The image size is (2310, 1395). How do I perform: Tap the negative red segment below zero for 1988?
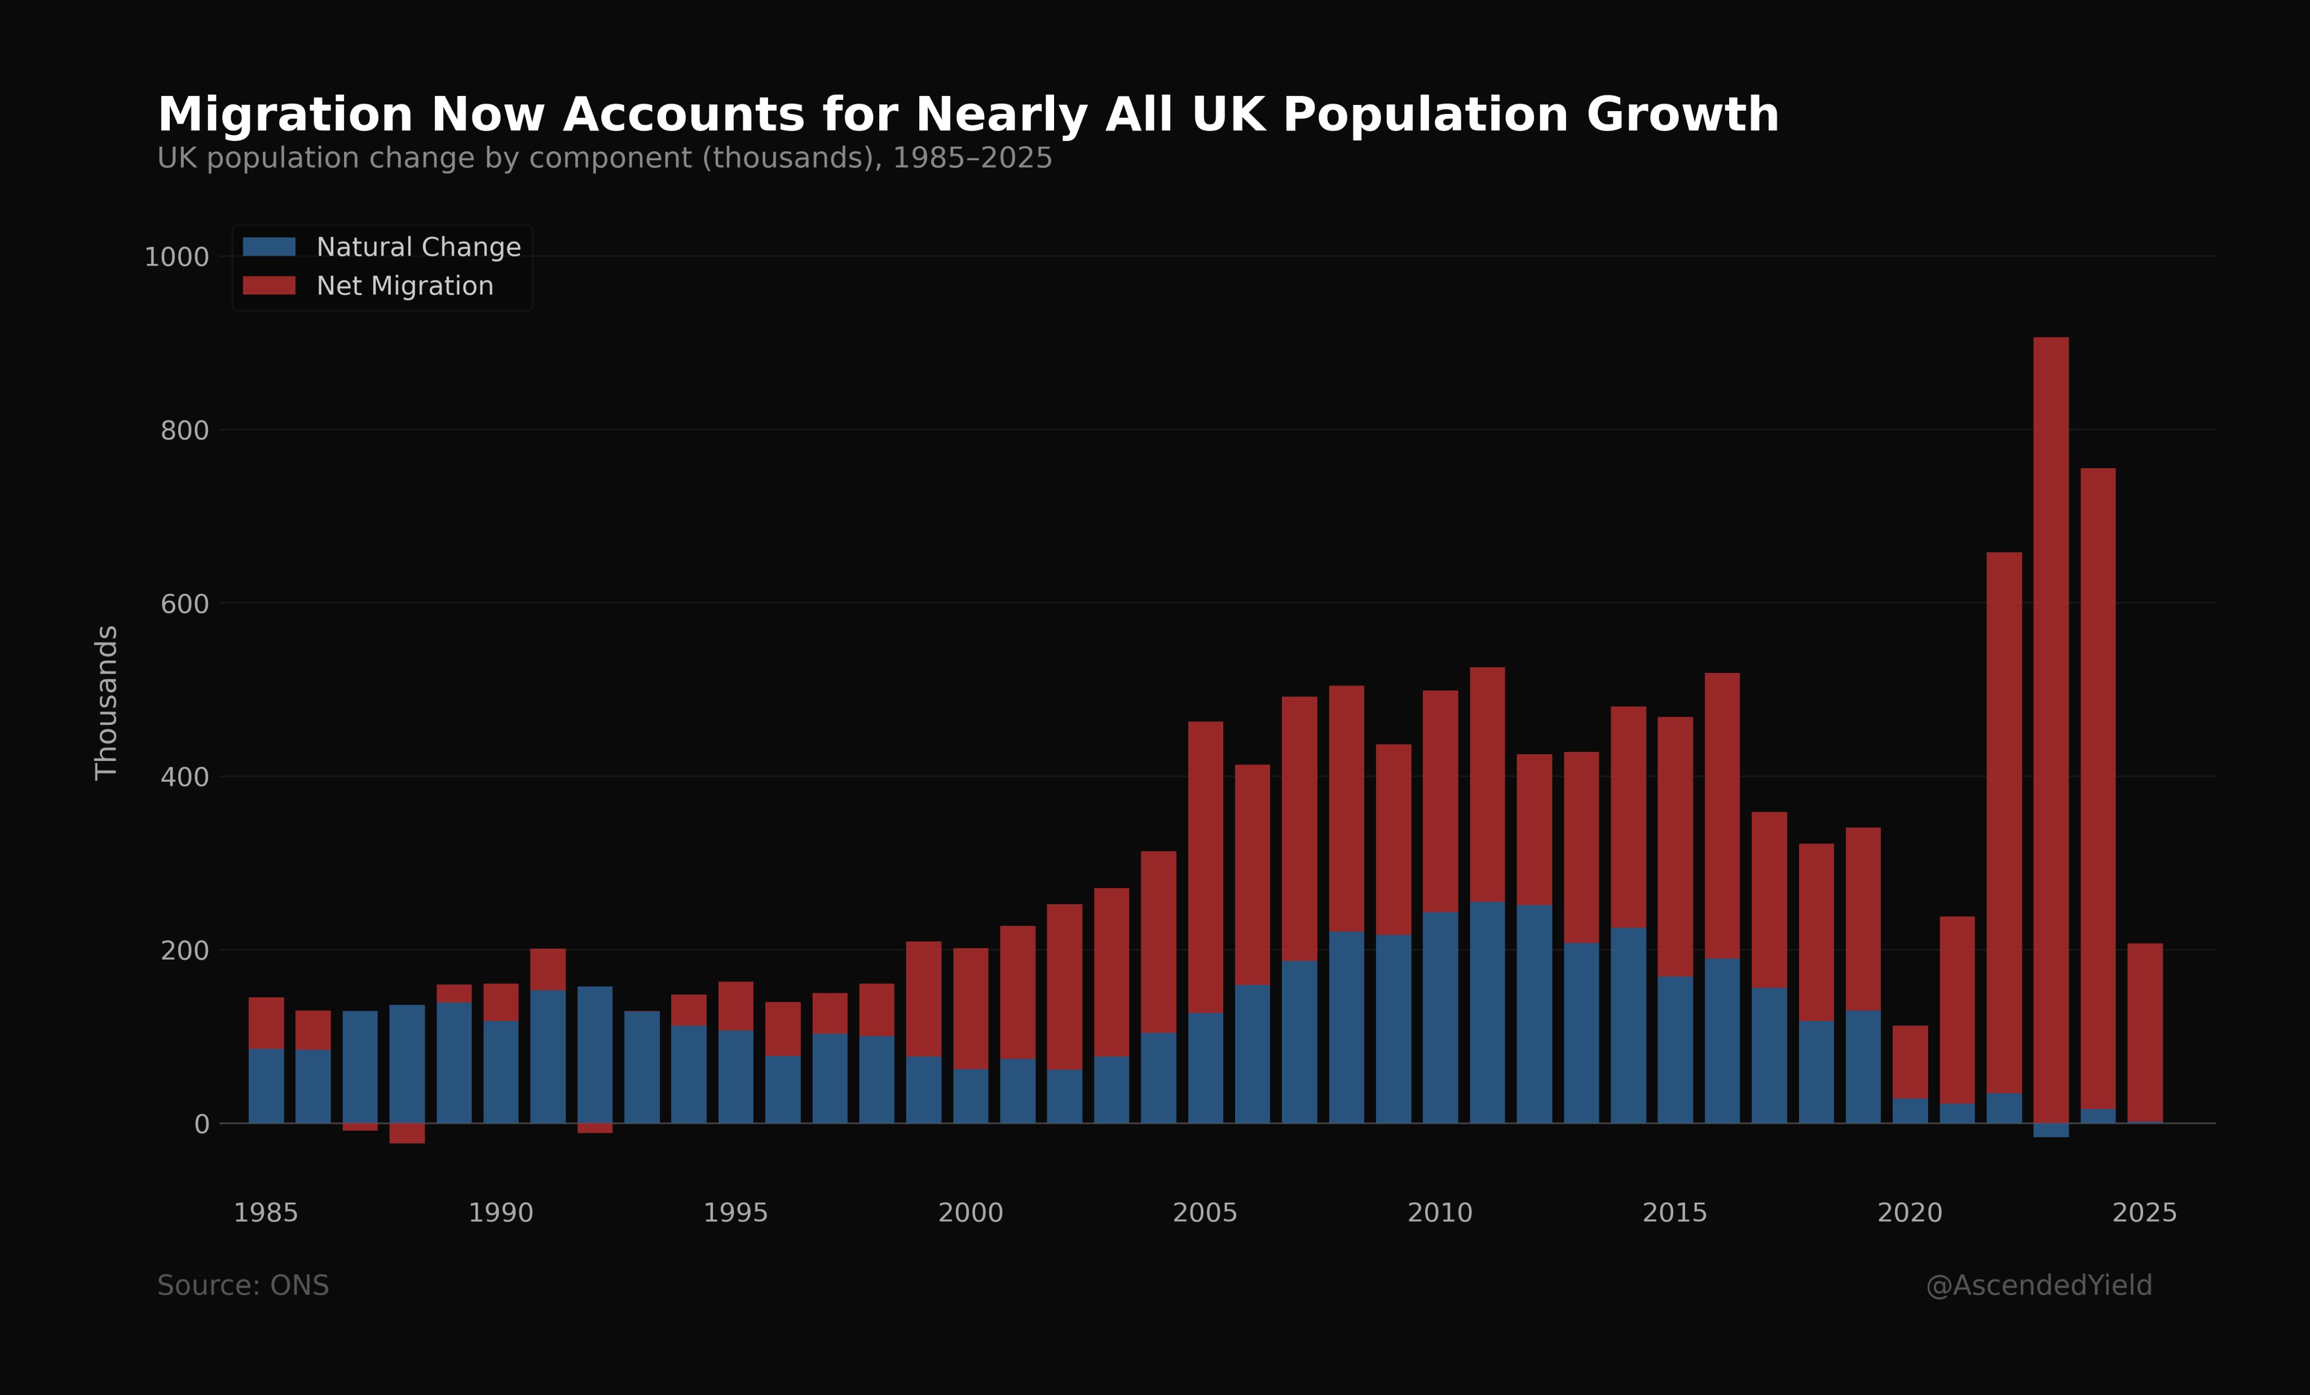click(407, 1133)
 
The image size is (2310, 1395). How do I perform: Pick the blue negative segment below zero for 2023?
click(2051, 1130)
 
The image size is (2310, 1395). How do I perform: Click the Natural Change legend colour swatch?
click(269, 247)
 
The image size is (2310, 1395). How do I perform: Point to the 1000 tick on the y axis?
click(177, 257)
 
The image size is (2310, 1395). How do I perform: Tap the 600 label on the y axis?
click(184, 604)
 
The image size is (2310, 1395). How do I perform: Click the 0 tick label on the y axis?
click(201, 1124)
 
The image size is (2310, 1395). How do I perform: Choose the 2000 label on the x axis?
click(971, 1213)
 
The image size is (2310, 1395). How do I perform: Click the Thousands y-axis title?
click(107, 702)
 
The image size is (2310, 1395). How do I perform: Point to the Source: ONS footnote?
click(243, 1286)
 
